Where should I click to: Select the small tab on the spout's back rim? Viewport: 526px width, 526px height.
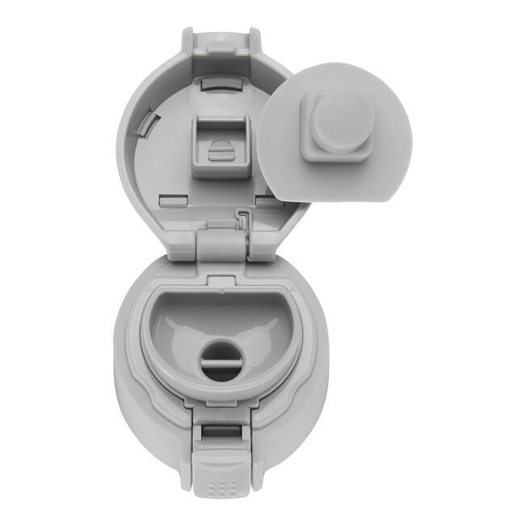(x=217, y=279)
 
